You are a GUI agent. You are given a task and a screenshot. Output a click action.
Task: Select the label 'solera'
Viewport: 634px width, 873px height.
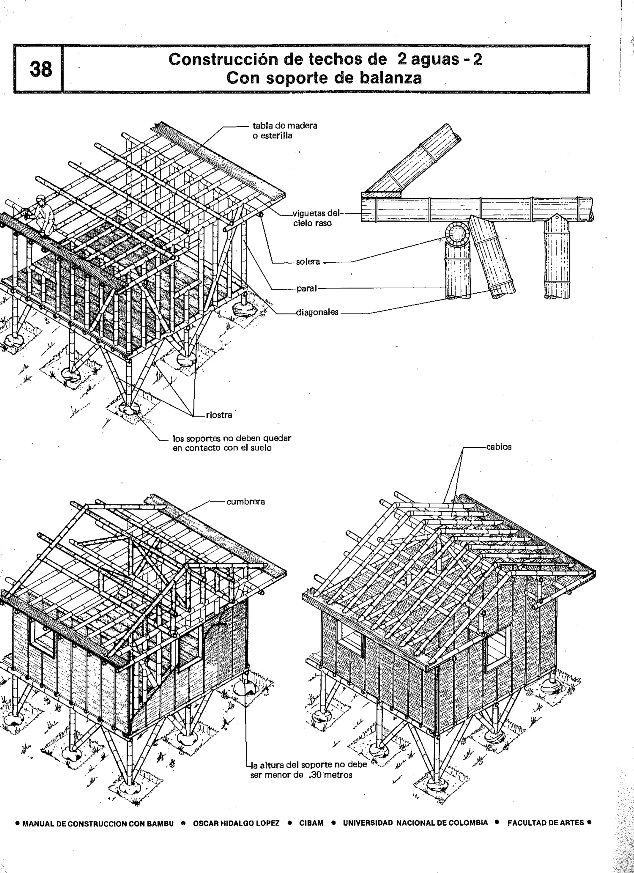(x=308, y=262)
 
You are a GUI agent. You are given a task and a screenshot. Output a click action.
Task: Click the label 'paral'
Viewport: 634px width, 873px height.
(x=306, y=288)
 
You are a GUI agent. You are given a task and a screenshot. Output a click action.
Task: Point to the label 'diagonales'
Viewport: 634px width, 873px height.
(x=317, y=312)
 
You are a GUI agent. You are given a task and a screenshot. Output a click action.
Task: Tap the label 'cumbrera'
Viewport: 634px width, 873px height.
(x=246, y=502)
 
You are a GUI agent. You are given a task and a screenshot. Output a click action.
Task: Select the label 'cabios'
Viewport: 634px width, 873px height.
(x=499, y=447)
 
